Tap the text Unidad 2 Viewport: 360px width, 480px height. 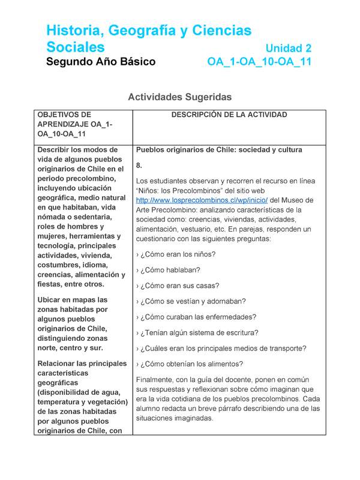pos(289,48)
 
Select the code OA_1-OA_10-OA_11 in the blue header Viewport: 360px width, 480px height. pos(259,62)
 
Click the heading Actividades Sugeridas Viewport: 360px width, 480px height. pos(180,97)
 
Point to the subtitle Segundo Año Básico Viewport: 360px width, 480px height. pos(101,62)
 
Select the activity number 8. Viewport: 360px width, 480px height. pos(139,165)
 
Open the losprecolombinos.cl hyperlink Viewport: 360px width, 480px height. pos(188,200)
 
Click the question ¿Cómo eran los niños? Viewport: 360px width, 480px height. pos(176,254)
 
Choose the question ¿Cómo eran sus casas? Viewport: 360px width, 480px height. pos(178,286)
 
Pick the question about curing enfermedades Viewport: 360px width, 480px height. pos(197,317)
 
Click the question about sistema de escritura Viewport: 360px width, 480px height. pos(198,332)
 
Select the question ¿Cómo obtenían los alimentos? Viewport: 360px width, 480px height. pos(190,364)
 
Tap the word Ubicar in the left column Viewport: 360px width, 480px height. pos(50,299)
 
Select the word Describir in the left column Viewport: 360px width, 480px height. pos(56,149)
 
